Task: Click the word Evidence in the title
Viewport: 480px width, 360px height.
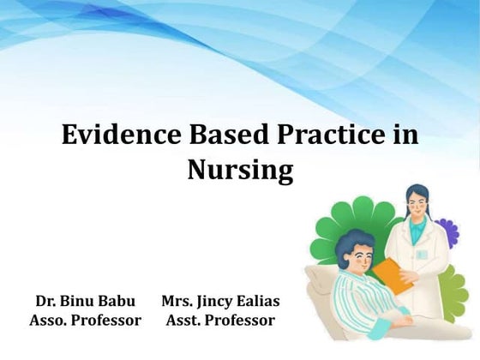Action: [115, 137]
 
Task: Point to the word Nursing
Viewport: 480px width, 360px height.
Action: [240, 170]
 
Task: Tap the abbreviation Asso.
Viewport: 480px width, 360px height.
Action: [47, 321]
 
